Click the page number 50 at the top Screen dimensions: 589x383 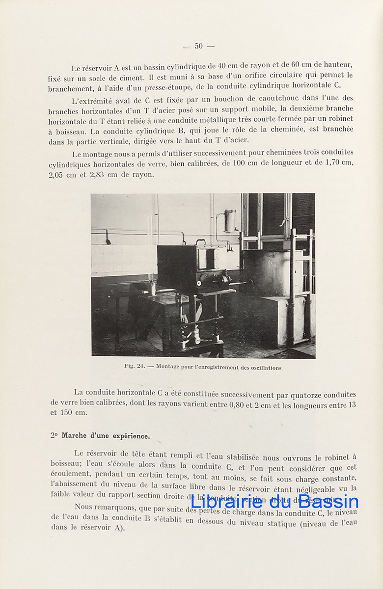[x=198, y=46]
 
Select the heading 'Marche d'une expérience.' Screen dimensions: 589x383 [x=106, y=435]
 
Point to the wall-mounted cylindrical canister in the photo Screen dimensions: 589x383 [x=229, y=220]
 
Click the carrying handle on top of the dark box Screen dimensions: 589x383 [x=200, y=242]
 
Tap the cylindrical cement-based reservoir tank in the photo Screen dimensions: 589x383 [x=273, y=273]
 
